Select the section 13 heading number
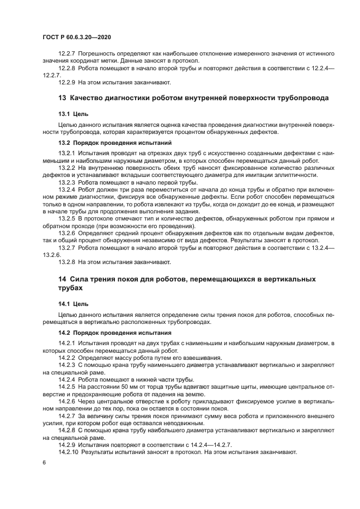[62, 99]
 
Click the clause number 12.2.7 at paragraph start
[68, 54]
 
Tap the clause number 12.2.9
[68, 83]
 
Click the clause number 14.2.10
[70, 452]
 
